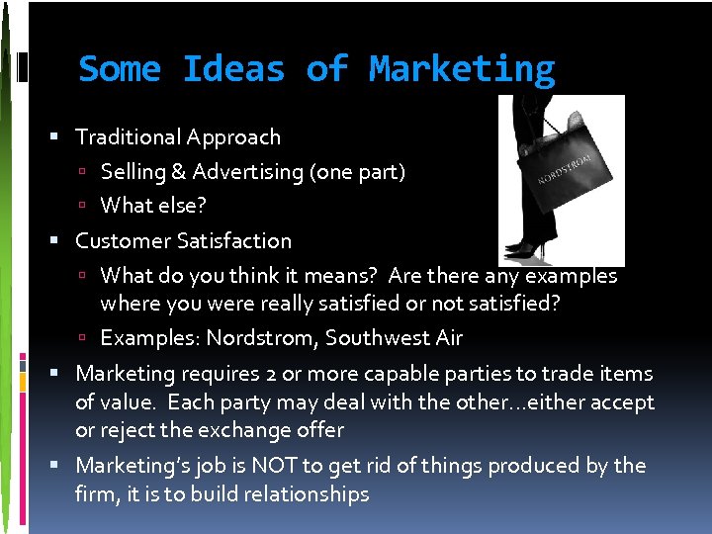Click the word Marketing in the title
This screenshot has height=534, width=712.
click(462, 69)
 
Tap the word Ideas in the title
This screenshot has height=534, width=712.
click(233, 69)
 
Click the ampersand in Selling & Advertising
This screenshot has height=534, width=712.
click(178, 172)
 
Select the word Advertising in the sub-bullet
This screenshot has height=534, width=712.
click(248, 172)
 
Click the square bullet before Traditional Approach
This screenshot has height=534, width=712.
click(62, 137)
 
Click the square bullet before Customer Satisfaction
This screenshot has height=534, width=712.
click(62, 241)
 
